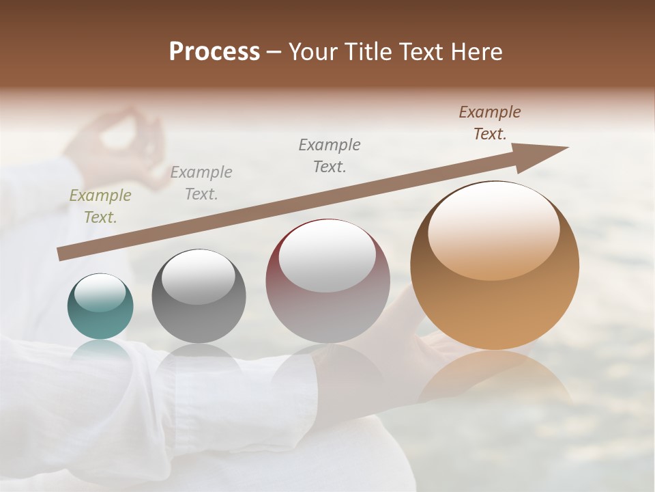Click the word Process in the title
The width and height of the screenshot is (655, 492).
pyautogui.click(x=214, y=52)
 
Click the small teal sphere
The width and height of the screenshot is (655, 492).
pyautogui.click(x=100, y=307)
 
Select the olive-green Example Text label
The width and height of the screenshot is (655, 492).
pyautogui.click(x=100, y=206)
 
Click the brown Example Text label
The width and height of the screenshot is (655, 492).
pyautogui.click(x=490, y=123)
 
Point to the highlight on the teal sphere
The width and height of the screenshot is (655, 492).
pyautogui.click(x=100, y=293)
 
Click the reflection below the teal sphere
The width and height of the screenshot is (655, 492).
pyautogui.click(x=101, y=352)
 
